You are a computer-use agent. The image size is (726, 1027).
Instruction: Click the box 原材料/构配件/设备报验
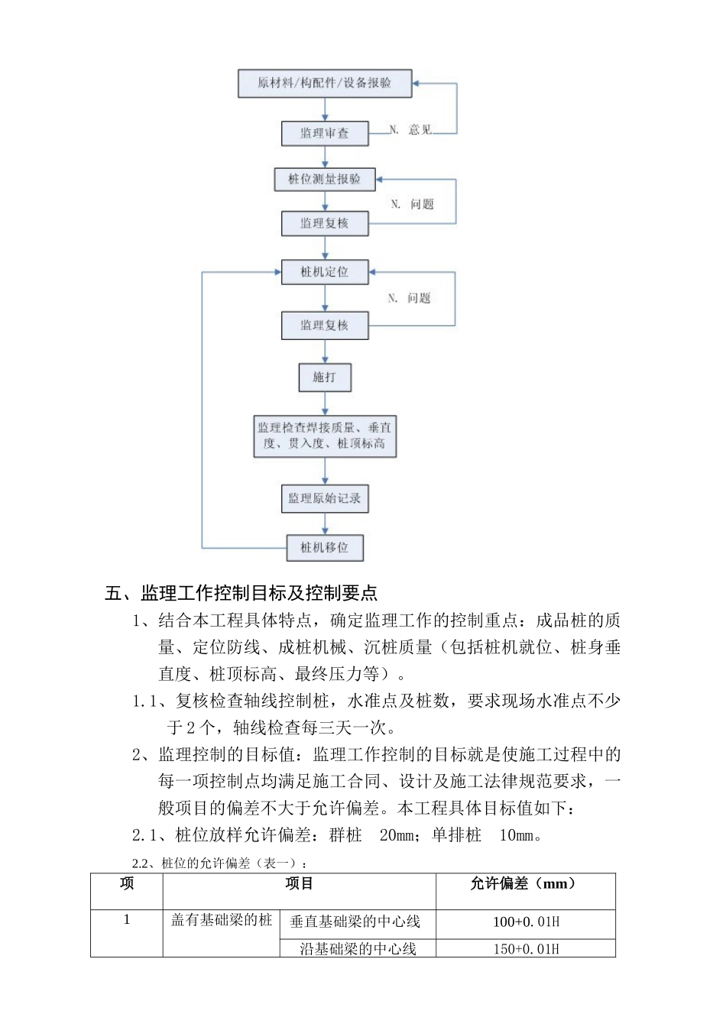click(325, 83)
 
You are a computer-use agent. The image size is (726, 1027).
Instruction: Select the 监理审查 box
click(325, 133)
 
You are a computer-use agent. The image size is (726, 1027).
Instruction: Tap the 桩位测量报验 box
click(325, 180)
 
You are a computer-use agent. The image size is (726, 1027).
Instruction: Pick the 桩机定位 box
click(325, 272)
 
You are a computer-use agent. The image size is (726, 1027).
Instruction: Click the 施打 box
click(325, 377)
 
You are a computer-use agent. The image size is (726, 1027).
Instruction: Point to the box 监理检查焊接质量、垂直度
click(325, 436)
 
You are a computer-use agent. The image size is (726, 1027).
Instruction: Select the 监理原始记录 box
click(325, 498)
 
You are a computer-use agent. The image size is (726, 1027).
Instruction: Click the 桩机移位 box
click(325, 547)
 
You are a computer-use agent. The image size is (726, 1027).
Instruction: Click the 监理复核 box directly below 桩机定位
click(325, 326)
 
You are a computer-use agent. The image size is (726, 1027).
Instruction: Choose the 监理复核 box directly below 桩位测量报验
click(325, 223)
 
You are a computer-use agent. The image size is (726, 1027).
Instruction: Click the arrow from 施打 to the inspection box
click(325, 403)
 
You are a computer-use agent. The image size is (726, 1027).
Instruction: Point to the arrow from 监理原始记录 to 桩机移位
click(325, 523)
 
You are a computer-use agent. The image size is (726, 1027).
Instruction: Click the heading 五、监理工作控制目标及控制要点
click(241, 593)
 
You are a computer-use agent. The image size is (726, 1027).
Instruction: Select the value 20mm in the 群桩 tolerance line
click(397, 835)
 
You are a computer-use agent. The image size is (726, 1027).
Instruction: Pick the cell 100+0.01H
click(526, 922)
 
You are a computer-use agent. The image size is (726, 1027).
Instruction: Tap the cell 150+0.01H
click(526, 949)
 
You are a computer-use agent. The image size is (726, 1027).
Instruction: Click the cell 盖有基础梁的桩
click(222, 920)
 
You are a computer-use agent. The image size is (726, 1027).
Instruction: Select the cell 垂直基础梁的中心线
click(355, 922)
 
